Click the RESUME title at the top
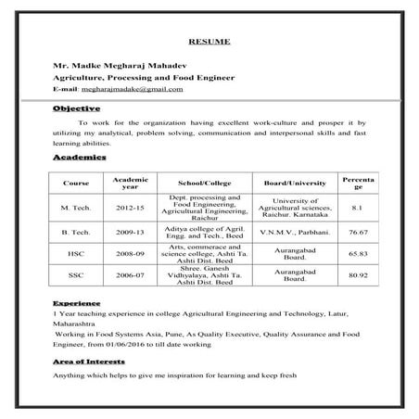point(209,42)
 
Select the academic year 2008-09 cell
point(130,252)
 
